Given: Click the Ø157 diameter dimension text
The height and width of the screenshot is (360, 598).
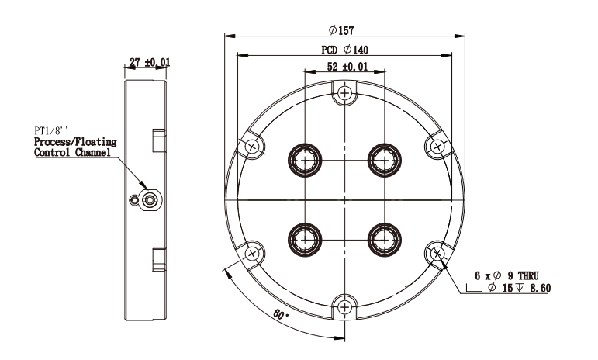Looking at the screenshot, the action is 341,30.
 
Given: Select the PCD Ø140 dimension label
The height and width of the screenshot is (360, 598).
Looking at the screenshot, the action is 345,50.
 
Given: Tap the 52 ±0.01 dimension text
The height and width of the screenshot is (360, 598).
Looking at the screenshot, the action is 347,67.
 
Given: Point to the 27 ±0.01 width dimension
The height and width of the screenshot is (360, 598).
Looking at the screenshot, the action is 150,62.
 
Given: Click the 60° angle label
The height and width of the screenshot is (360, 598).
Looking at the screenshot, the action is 281,315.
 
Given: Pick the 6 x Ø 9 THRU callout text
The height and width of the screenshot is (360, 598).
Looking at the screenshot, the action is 506,275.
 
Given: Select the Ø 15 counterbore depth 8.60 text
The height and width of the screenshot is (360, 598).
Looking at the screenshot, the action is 519,288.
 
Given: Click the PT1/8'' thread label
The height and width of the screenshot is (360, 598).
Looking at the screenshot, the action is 51,131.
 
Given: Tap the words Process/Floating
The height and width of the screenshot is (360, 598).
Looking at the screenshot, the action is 75,142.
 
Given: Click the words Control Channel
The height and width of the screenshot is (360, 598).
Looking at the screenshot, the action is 72,153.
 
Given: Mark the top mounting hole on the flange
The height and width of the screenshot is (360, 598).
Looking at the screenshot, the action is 345,92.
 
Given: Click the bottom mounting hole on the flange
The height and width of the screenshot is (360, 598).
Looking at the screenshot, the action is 345,307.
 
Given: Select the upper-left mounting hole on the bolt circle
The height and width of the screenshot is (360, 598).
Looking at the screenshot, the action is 252,147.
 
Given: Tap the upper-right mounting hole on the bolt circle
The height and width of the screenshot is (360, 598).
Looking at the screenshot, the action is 437,147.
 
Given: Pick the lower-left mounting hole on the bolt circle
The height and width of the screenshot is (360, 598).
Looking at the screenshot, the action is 252,254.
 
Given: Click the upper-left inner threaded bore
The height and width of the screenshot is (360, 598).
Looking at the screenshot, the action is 305,160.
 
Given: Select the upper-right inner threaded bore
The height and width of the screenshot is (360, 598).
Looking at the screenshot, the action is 385,160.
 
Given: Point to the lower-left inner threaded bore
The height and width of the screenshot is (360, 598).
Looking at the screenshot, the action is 305,240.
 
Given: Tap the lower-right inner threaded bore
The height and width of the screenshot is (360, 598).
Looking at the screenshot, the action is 385,240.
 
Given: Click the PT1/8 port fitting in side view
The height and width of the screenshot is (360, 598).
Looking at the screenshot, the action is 150,199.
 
